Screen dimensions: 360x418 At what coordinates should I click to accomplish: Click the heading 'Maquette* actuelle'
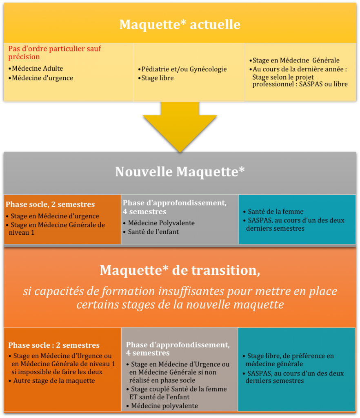[180, 24]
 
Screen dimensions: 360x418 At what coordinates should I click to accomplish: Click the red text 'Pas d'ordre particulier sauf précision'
[55, 53]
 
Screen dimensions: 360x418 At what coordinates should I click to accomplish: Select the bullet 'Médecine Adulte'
[36, 69]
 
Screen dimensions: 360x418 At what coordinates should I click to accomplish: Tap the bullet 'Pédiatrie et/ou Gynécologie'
[182, 69]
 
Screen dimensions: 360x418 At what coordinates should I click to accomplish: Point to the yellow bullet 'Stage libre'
[156, 78]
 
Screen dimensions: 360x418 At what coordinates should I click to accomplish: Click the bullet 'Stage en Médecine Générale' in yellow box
[294, 60]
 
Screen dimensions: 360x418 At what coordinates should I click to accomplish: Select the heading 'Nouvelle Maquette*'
[180, 172]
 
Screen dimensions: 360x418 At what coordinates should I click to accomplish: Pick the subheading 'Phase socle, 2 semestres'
[50, 205]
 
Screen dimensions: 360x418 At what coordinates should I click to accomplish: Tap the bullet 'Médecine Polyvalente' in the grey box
[159, 223]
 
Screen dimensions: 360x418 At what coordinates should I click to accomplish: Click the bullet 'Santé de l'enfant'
[151, 232]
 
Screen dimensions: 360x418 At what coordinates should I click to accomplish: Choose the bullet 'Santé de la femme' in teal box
[273, 211]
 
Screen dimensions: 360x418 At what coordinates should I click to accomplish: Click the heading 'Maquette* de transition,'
[180, 270]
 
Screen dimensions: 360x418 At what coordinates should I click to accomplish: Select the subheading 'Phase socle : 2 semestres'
[54, 345]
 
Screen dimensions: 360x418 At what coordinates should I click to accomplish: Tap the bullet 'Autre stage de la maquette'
[52, 381]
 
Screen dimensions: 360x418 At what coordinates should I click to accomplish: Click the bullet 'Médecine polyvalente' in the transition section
[162, 406]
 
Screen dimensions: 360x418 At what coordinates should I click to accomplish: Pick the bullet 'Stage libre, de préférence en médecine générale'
[288, 360]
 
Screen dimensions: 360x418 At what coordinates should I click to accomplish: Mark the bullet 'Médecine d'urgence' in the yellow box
[41, 78]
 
